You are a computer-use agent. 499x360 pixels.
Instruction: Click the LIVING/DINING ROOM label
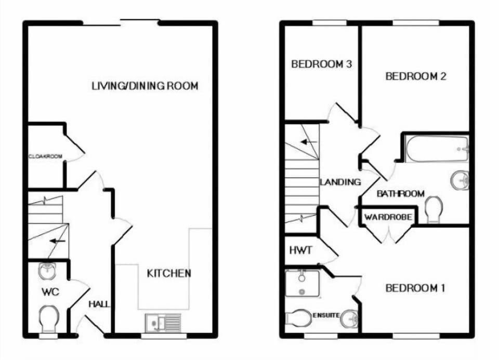click(145, 86)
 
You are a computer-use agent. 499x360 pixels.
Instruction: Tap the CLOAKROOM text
click(46, 156)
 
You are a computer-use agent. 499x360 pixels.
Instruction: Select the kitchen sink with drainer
click(163, 323)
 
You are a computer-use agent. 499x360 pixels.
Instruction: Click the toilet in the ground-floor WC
click(49, 318)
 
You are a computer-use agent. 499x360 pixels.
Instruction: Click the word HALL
click(99, 304)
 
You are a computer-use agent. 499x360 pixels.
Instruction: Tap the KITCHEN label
click(169, 273)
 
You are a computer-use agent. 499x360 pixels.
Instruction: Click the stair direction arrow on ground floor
click(58, 241)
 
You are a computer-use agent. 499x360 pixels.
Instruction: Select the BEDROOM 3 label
click(321, 64)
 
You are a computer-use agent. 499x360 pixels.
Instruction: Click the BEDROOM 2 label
click(416, 76)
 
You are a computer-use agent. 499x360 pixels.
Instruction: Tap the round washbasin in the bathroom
click(460, 180)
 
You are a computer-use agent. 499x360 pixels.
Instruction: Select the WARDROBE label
click(388, 217)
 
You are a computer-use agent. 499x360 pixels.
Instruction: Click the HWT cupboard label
click(301, 250)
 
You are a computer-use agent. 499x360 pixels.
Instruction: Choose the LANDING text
click(340, 182)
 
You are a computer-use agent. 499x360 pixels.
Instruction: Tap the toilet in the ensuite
click(298, 318)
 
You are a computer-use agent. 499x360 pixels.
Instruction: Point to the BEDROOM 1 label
click(415, 288)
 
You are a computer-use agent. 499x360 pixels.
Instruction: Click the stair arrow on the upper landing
click(309, 142)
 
